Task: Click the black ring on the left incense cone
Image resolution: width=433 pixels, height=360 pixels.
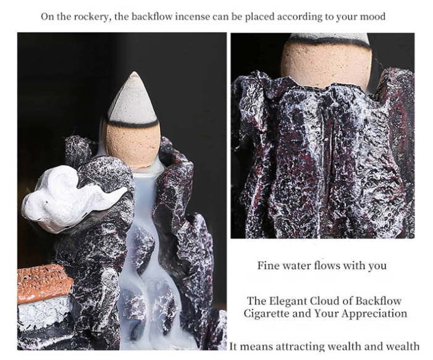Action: click(x=132, y=123)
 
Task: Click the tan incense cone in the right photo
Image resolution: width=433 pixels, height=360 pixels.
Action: click(x=326, y=65)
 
